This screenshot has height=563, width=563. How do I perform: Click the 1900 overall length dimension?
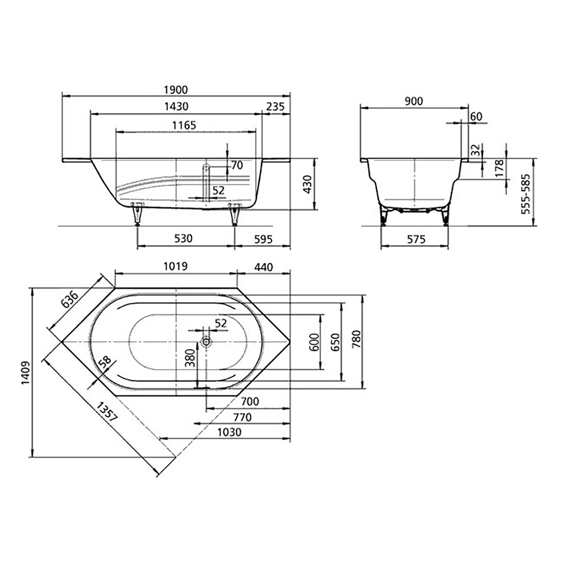(x=176, y=90)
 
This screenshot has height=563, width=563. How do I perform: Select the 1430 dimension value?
(x=176, y=107)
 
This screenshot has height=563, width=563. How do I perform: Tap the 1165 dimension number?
(x=184, y=125)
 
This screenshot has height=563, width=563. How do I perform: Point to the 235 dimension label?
(x=275, y=107)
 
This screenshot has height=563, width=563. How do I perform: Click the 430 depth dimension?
(x=307, y=184)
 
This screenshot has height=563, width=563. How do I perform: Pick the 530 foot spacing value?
(x=184, y=238)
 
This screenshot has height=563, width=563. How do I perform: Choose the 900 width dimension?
(x=414, y=101)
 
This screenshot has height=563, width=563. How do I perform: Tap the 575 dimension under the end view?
(x=416, y=239)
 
